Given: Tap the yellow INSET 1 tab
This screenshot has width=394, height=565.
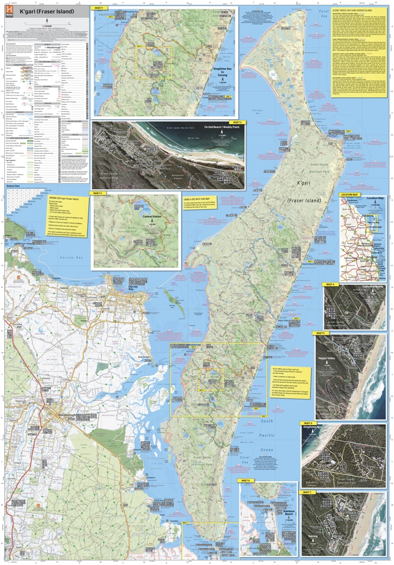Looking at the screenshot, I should click(x=99, y=8).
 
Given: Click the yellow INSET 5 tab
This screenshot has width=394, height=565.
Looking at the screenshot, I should click(x=320, y=333).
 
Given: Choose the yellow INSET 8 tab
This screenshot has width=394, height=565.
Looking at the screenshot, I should click(x=246, y=480).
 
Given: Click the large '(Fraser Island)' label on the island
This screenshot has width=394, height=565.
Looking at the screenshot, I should click(x=296, y=199).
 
